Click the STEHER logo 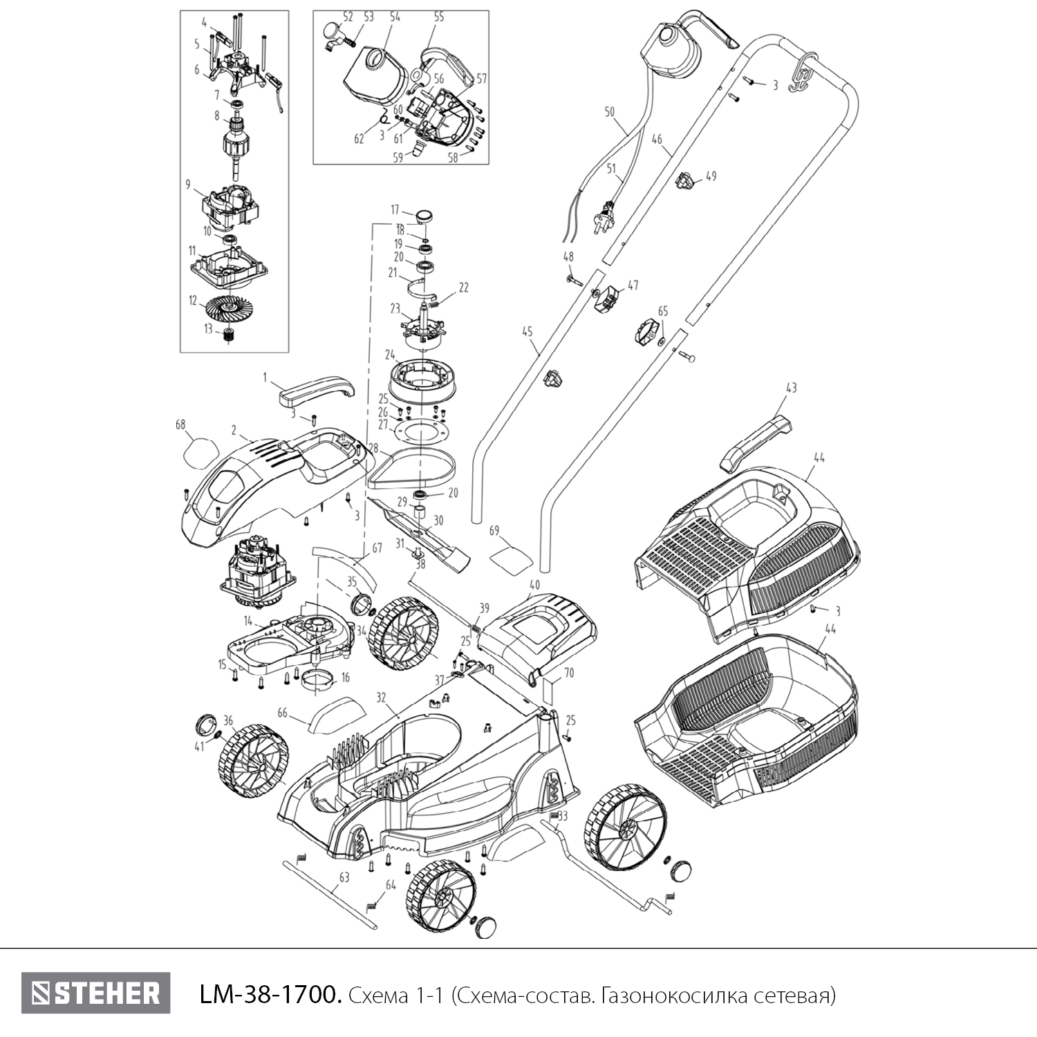click(x=95, y=993)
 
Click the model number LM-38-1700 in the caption click(x=270, y=995)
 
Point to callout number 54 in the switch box click(x=395, y=17)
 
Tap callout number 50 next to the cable click(x=609, y=111)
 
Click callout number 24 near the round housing click(x=390, y=355)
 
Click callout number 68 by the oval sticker click(x=180, y=425)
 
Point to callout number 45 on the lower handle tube click(x=527, y=332)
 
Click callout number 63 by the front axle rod click(x=344, y=877)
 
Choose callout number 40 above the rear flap click(x=534, y=583)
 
